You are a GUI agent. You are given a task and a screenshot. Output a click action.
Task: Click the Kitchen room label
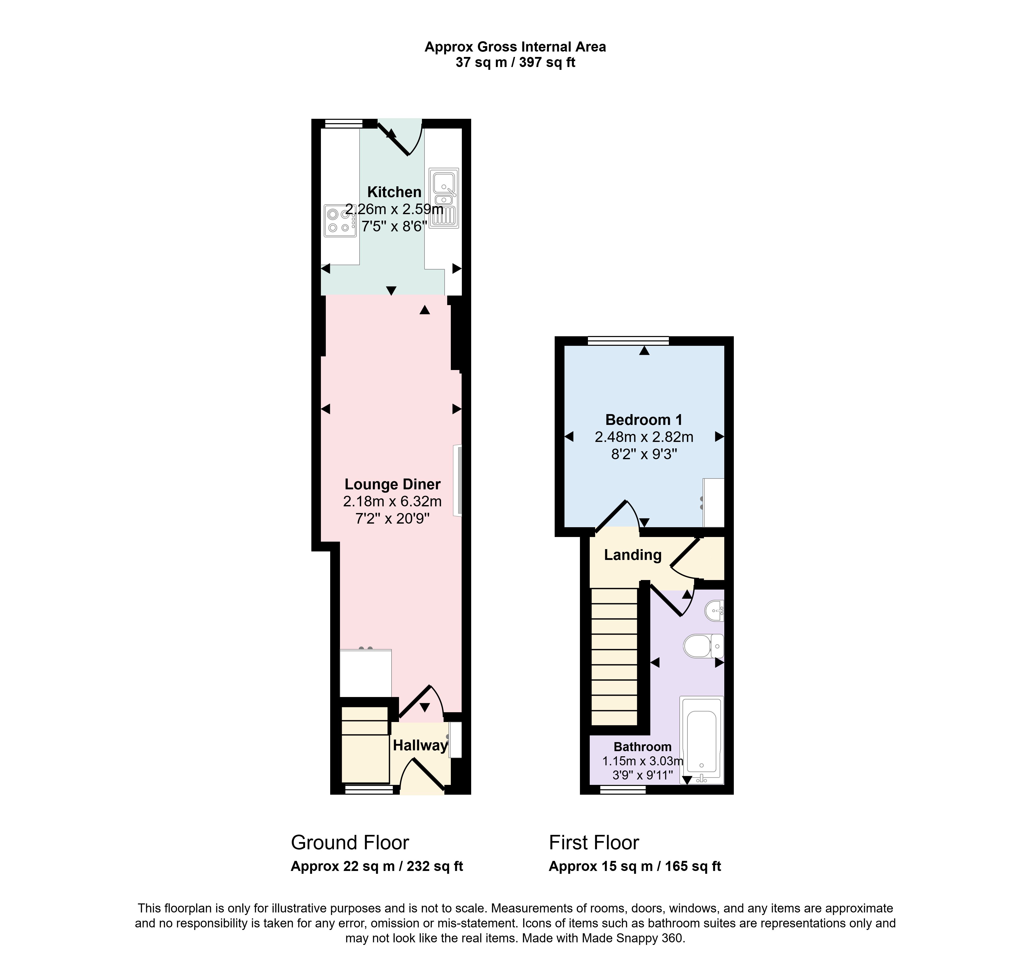click(x=394, y=192)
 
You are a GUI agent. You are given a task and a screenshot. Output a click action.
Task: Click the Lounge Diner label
click(x=393, y=484)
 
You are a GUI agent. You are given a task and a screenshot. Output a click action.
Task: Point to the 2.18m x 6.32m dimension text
click(x=393, y=501)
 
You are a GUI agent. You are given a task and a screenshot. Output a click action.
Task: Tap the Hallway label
click(x=420, y=746)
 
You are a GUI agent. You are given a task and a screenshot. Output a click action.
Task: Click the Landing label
click(x=633, y=555)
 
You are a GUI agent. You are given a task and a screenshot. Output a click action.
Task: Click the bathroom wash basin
click(x=715, y=611)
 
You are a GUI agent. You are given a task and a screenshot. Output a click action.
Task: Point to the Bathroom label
click(x=643, y=747)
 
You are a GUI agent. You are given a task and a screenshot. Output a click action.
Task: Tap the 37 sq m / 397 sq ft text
click(x=515, y=62)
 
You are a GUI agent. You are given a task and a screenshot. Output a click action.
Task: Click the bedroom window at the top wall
click(x=629, y=341)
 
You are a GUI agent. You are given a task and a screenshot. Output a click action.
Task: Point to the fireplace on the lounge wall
click(x=458, y=480)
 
